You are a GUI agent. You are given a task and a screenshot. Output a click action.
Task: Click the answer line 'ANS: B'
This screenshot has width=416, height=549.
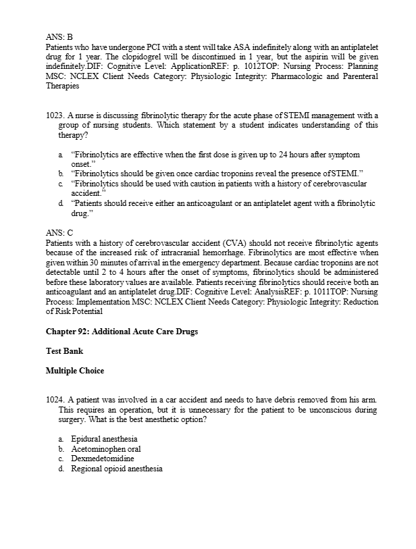[x=59, y=37]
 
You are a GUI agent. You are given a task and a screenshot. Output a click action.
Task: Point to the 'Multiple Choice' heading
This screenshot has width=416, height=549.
[x=75, y=371]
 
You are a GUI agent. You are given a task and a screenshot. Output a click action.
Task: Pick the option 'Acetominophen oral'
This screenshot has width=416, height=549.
[x=105, y=449]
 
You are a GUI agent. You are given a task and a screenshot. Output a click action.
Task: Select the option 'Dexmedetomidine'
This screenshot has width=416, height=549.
[x=102, y=459]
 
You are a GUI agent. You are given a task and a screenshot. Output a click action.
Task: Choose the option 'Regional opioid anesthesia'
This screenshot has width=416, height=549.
[x=116, y=469]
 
